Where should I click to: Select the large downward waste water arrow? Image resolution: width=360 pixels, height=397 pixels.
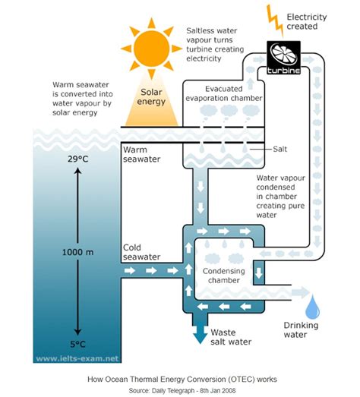200,332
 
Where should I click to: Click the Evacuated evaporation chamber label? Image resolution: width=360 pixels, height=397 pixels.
224,93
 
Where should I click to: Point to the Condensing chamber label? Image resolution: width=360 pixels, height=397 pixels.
226,275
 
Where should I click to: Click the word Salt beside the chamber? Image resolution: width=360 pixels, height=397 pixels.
282,150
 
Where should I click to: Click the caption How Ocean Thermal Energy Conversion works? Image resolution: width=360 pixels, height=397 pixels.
179,377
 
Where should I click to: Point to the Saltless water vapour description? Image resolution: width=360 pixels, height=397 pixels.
217,44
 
